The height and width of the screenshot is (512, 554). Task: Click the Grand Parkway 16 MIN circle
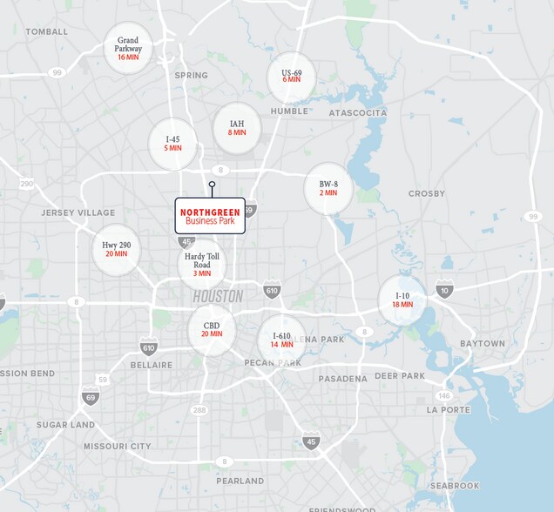coord(128,48)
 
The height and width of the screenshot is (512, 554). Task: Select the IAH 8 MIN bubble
coord(237,128)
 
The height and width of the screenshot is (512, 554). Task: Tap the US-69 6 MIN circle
coord(291,77)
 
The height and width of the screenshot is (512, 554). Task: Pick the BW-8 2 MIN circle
coord(328,188)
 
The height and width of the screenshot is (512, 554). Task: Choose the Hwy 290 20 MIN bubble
coord(116,250)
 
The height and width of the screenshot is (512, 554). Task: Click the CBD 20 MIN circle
coord(212,330)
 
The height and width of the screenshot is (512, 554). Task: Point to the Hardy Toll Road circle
coord(202,265)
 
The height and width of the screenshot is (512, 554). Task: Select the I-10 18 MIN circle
coord(402,300)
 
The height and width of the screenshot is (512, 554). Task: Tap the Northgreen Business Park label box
coord(210,216)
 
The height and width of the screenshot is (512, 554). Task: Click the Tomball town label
coord(47,32)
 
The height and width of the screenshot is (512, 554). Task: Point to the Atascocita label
coord(357,113)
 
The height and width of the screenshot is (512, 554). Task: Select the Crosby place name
coord(426,193)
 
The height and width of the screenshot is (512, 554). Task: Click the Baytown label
coord(482,344)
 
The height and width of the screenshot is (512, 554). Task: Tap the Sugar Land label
coord(65,425)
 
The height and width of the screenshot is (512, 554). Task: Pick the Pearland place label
coord(240,481)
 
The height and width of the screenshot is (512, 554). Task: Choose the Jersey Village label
coord(78,212)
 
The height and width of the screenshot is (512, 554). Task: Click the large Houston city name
coord(218,297)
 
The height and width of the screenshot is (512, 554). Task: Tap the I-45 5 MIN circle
coord(173,143)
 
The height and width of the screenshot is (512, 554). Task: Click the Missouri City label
coord(117,447)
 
